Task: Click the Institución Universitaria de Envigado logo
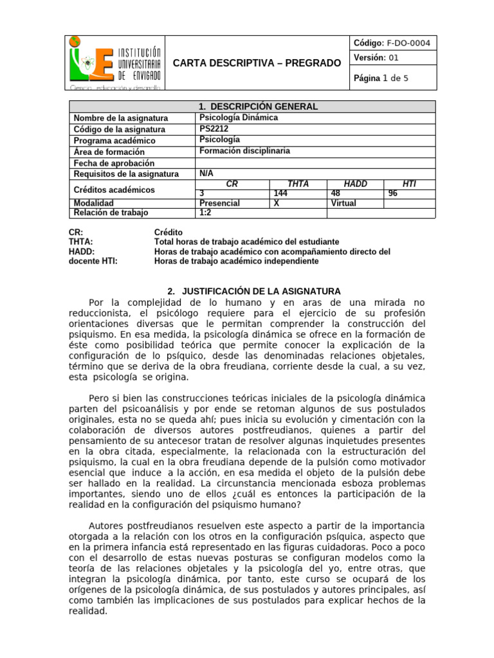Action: coord(116,62)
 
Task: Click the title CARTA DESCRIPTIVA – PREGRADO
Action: coord(257,63)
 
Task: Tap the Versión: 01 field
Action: coord(377,58)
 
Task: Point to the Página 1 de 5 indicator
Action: coord(381,78)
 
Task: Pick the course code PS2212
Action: coord(214,129)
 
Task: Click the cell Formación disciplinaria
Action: coord(245,151)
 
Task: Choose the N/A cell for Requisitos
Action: coord(206,173)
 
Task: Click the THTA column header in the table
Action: coord(298,184)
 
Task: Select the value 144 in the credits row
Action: coord(281,192)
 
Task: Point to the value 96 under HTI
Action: coord(394,192)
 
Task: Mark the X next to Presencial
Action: coord(277,203)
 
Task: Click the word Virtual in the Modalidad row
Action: coord(343,203)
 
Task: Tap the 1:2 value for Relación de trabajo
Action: coord(206,213)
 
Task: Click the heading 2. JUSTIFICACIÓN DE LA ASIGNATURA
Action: coord(253,291)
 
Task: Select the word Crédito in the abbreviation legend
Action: coord(169,232)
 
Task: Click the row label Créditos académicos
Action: coord(114,190)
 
